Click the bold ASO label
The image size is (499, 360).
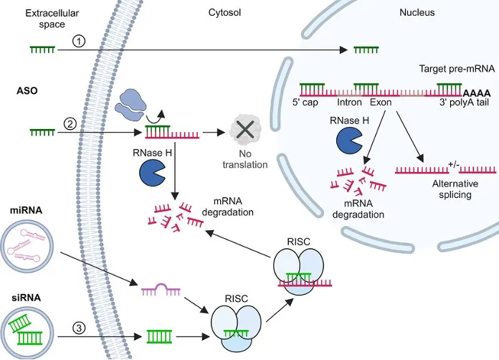(x=27, y=92)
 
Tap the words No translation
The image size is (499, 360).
(x=244, y=160)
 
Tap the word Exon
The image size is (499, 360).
(x=381, y=103)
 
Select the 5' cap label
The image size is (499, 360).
(x=314, y=103)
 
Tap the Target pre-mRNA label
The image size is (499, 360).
(x=450, y=69)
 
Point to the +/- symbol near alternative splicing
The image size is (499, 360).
(x=453, y=164)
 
